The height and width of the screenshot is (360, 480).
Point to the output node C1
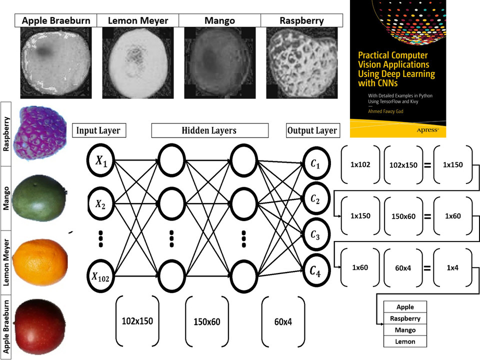314,163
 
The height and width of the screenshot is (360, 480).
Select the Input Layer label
98,131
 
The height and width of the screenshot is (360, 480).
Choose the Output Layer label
312,131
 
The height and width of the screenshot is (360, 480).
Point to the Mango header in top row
219,21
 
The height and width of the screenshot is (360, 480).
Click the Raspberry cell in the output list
405,318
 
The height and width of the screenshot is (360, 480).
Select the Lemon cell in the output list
405,342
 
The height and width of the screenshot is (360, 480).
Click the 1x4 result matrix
453,267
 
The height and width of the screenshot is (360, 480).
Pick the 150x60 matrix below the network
207,321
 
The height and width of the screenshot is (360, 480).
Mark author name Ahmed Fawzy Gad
386,112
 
